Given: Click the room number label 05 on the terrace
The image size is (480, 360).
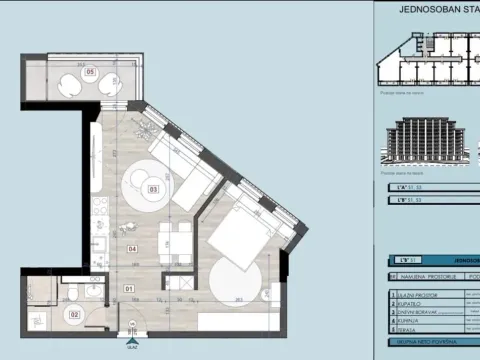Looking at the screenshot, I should [90, 72].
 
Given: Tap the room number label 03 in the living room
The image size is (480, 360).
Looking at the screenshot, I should [153, 188].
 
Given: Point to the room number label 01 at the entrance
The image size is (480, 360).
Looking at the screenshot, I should [129, 290].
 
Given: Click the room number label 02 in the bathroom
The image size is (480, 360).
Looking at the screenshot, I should [73, 314].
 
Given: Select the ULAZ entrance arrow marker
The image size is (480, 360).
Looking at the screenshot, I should [131, 336].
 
